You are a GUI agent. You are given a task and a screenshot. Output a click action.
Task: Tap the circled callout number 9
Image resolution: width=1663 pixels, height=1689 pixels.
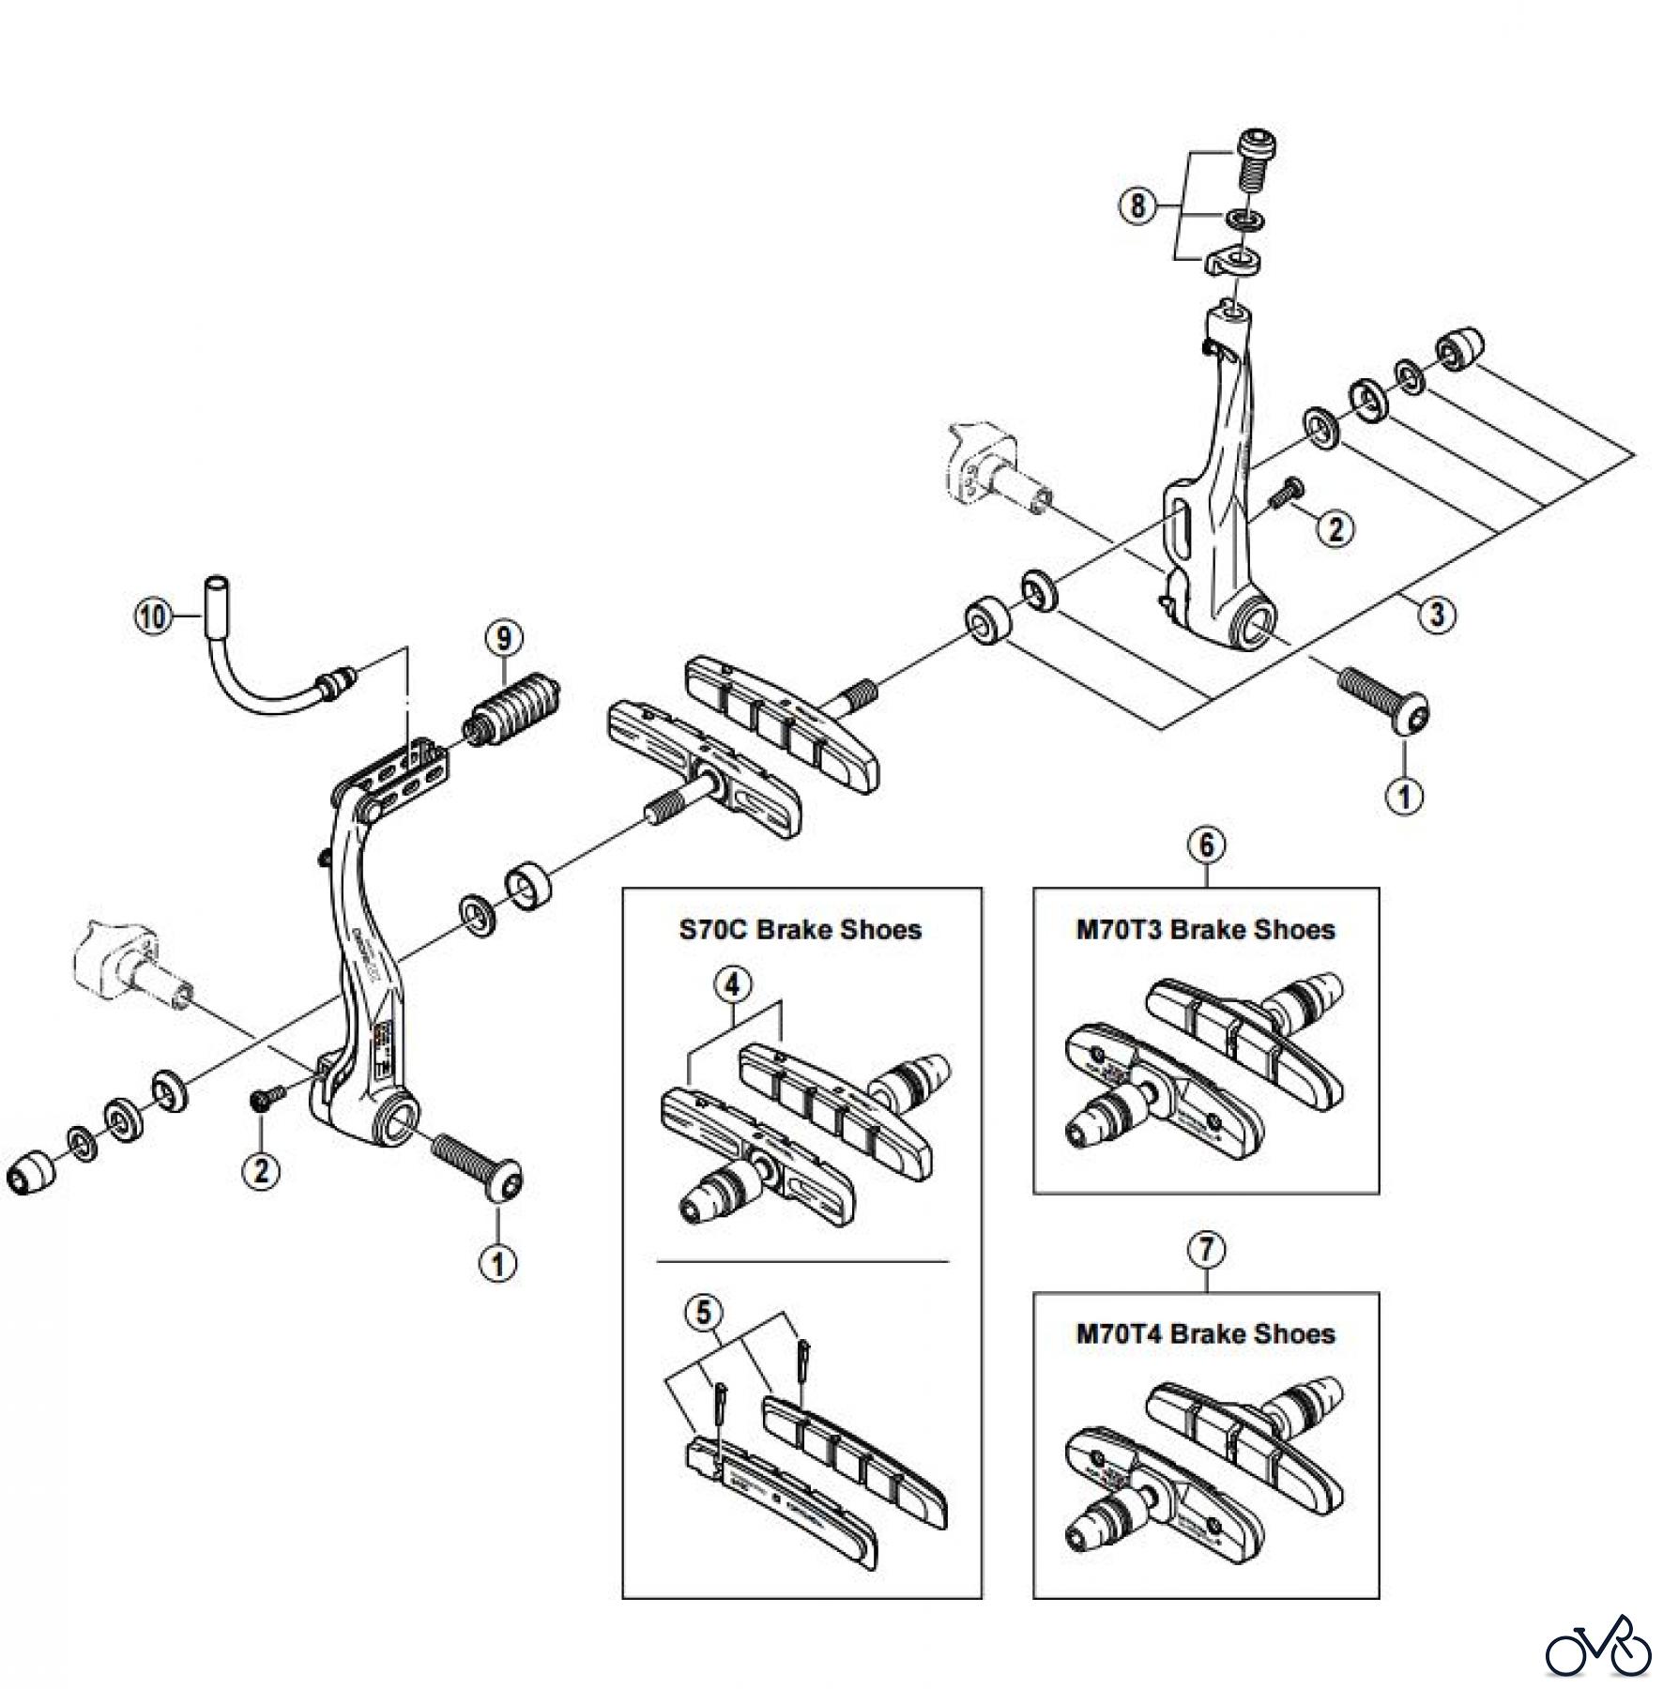point(504,639)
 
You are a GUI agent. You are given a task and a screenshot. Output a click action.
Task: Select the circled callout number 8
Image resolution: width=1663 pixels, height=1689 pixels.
point(1137,205)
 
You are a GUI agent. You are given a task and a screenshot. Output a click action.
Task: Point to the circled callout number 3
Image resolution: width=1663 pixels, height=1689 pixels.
point(1436,615)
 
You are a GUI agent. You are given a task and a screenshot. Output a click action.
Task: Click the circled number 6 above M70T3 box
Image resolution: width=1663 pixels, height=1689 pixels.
point(1206,845)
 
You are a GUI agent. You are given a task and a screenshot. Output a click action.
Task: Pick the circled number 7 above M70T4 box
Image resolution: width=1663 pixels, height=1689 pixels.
point(1206,1250)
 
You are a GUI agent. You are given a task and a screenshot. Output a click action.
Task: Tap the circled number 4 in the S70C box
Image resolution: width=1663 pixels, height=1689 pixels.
point(733,985)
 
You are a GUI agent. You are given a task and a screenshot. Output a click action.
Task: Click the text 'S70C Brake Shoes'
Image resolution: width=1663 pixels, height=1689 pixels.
point(801,930)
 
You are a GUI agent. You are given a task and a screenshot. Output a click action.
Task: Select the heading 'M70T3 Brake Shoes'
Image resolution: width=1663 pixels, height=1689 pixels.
point(1205,930)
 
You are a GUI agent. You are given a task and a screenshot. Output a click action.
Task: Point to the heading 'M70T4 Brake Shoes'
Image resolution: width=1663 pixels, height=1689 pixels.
point(1205,1334)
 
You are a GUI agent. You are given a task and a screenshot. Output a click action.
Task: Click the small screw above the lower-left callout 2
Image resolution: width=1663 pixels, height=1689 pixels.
point(264,1098)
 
